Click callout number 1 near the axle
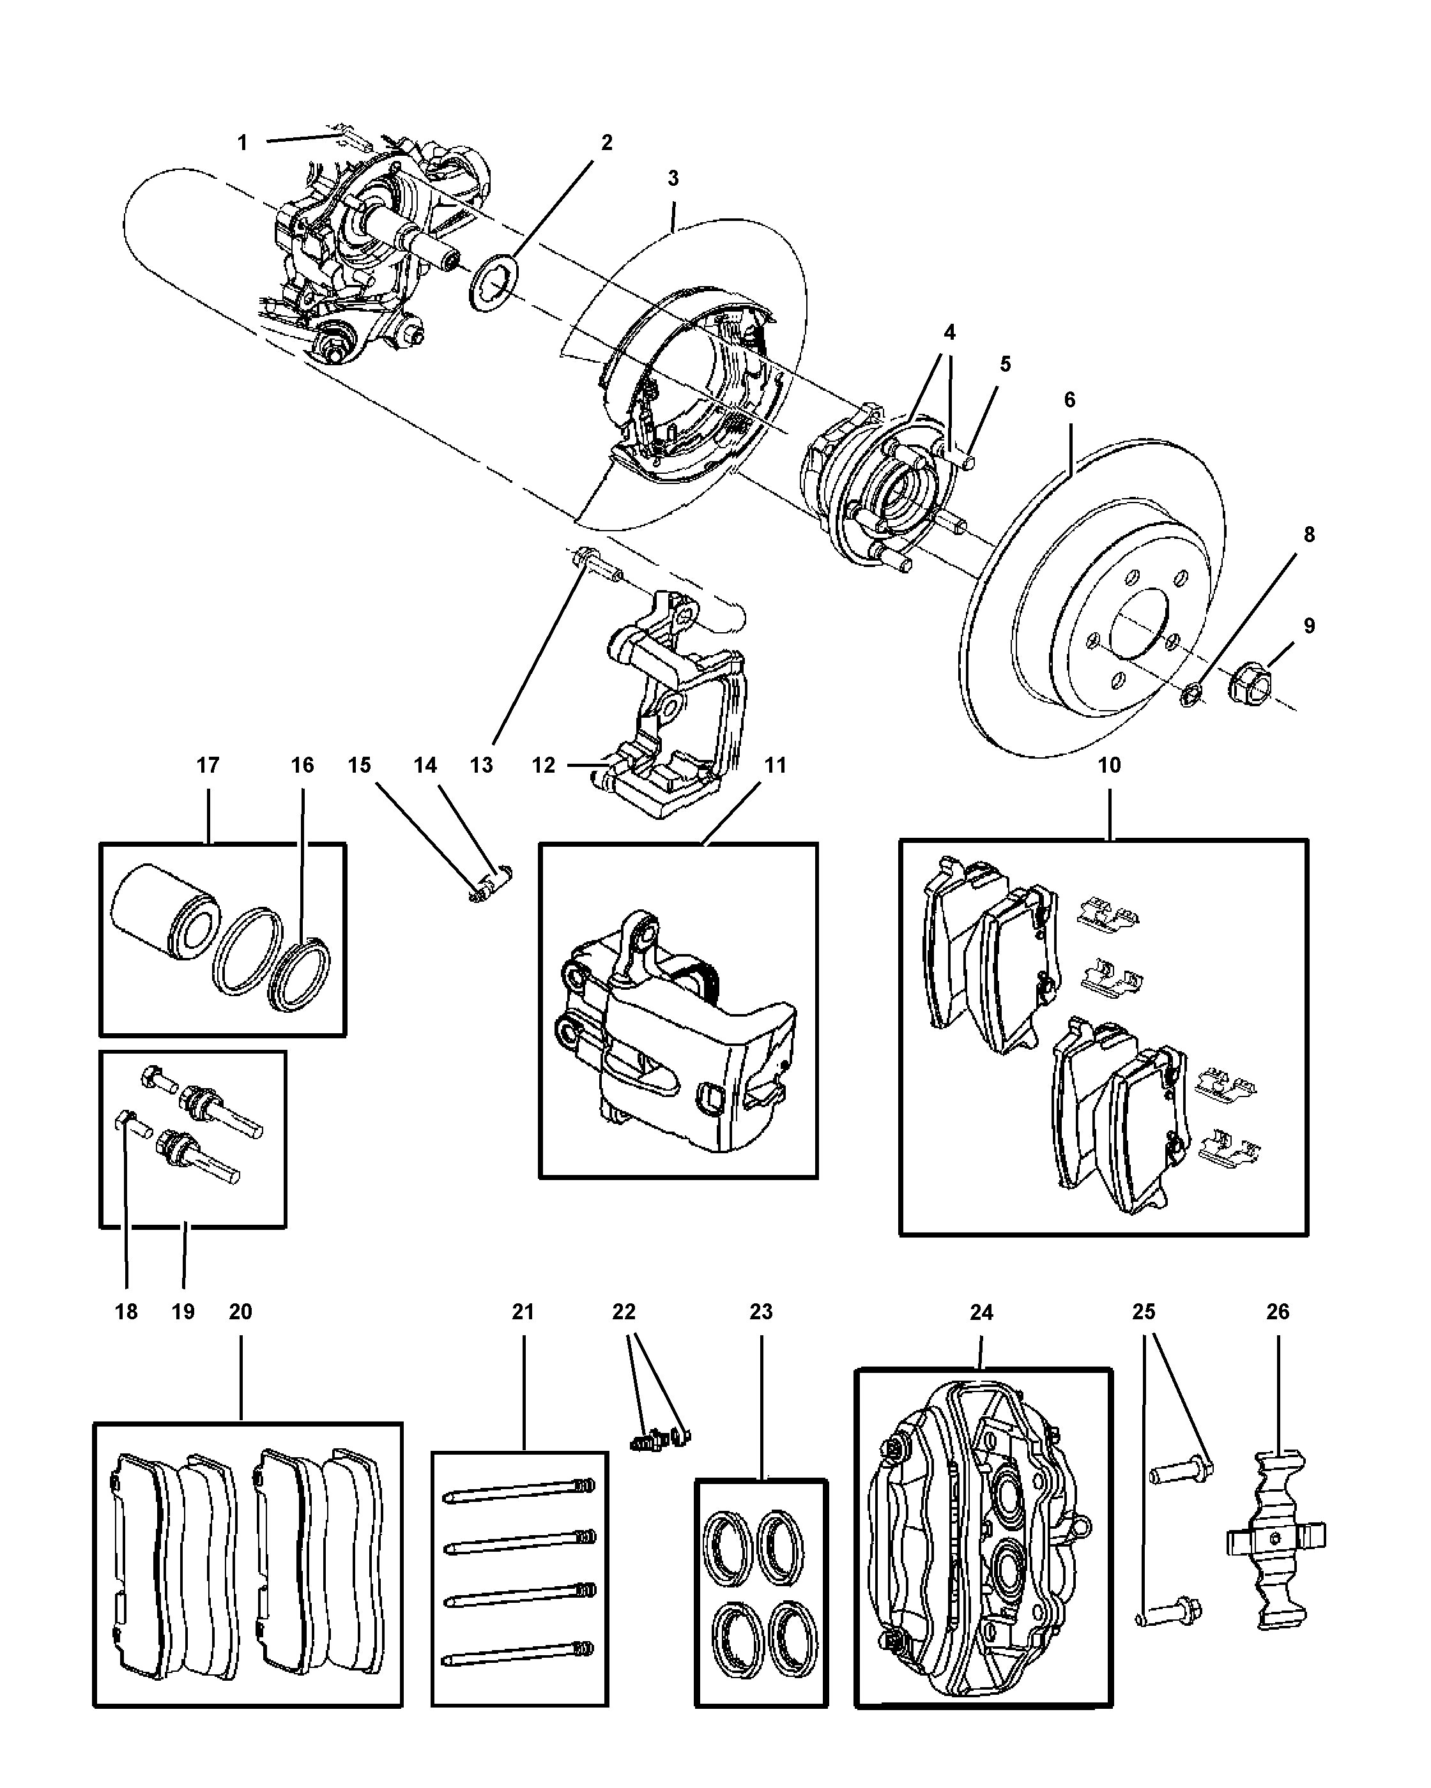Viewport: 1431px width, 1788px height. coord(242,142)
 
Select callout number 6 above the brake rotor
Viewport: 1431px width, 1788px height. coord(1069,400)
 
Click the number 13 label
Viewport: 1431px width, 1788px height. coord(481,764)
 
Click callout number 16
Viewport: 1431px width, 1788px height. coord(302,764)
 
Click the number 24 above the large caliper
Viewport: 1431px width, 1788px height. coord(981,1312)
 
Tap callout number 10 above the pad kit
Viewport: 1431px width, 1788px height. coord(1109,764)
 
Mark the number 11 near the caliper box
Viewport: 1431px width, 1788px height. coord(774,764)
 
